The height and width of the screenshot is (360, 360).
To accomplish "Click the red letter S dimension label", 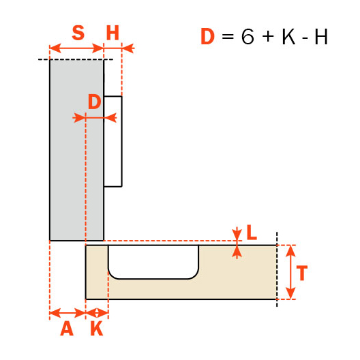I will [78, 33].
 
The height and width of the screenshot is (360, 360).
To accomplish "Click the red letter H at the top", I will [112, 33].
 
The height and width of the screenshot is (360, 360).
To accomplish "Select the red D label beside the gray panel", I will [95, 102].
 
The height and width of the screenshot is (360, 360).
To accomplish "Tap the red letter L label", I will [251, 233].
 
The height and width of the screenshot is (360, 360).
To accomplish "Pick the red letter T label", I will [302, 273].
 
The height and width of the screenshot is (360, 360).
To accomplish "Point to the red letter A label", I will [66, 329].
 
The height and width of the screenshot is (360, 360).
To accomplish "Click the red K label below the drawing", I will [97, 329].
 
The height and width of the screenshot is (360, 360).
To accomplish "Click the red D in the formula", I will [207, 37].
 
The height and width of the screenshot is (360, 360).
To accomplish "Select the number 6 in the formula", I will [247, 37].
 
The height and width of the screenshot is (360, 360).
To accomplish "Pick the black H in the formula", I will [320, 37].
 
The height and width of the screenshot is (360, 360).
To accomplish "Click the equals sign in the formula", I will [228, 37].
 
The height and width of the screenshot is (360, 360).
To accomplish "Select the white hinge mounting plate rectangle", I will [113, 141].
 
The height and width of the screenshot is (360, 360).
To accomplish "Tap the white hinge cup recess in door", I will [153, 262].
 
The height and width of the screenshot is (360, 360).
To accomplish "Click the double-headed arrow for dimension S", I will [76, 48].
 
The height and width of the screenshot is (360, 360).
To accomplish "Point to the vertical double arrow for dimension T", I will [290, 272].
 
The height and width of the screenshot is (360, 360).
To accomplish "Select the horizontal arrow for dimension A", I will [67, 313].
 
